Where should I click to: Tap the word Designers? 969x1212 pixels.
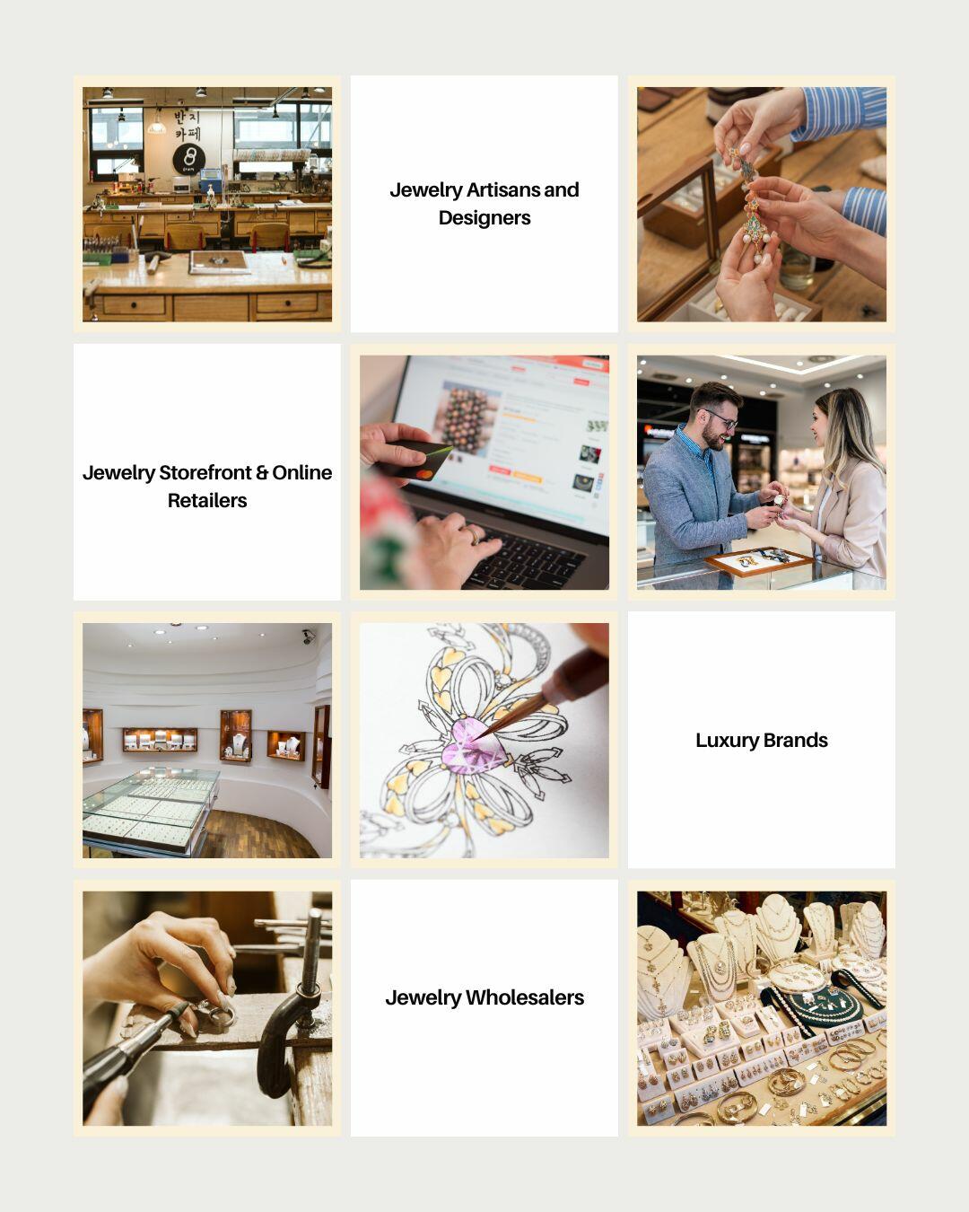484,218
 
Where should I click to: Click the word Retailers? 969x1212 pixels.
207,501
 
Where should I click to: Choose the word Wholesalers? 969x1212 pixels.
524,998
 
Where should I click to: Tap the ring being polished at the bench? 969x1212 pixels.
219,1015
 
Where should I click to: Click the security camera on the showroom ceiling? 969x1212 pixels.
308,636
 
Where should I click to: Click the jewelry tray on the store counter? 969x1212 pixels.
758,561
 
